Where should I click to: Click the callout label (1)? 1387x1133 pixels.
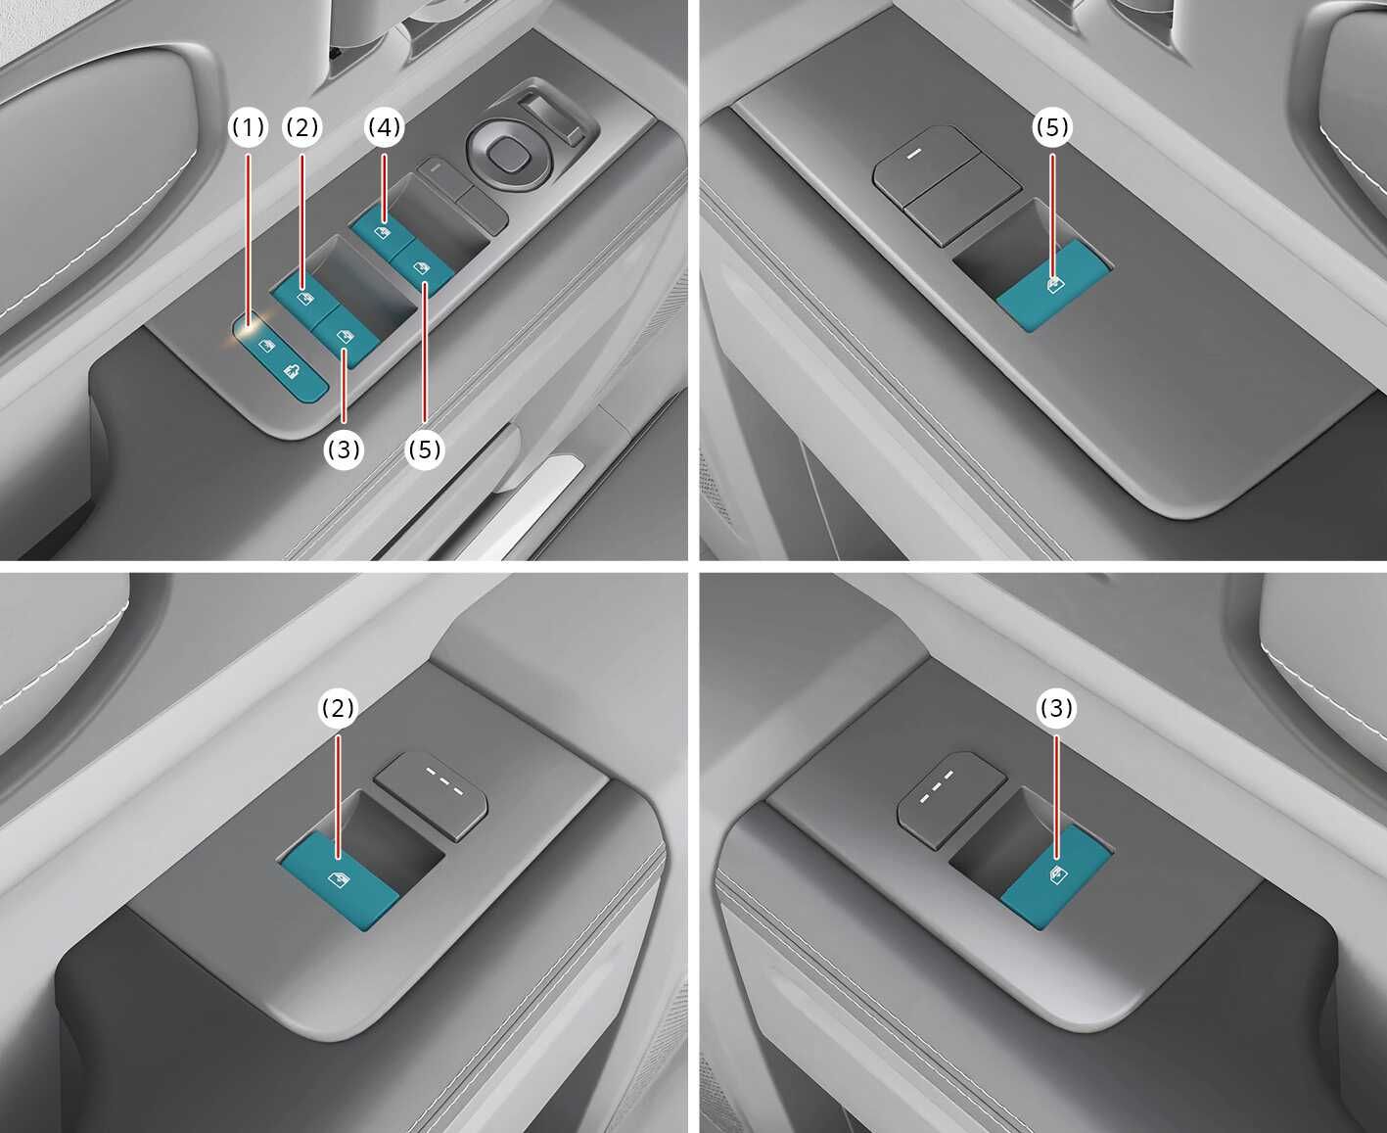(x=248, y=127)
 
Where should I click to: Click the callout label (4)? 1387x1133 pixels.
(x=385, y=127)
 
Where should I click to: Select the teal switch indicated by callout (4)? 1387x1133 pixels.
(x=381, y=230)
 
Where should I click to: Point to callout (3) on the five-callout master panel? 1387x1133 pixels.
(x=344, y=449)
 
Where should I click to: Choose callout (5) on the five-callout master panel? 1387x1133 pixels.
(x=425, y=449)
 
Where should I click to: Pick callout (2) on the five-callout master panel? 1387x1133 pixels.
(x=301, y=127)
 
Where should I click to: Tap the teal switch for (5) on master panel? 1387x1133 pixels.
(x=421, y=267)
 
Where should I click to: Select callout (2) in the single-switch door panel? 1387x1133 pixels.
(x=338, y=707)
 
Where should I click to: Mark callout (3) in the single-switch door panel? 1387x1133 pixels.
(x=1056, y=707)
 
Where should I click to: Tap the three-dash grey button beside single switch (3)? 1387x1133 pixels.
(x=949, y=798)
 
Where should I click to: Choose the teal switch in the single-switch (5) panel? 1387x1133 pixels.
(x=1052, y=286)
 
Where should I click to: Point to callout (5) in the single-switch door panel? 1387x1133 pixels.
(x=1053, y=127)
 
